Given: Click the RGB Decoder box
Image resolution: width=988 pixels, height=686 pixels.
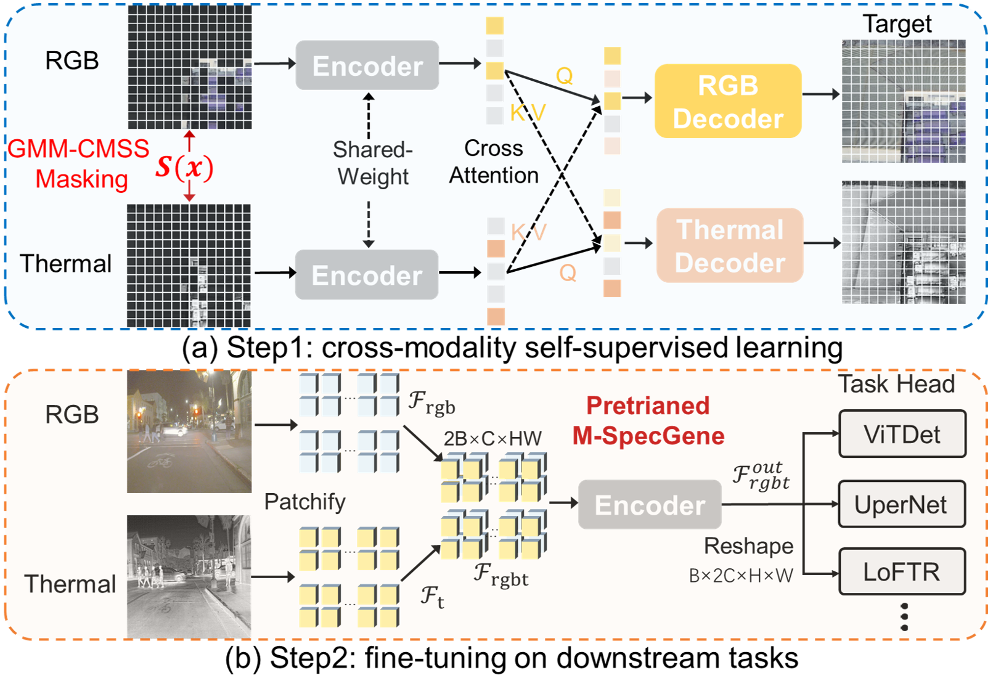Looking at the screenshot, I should (x=728, y=101).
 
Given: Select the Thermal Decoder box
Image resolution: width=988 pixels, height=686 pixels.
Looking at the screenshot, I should (x=730, y=245).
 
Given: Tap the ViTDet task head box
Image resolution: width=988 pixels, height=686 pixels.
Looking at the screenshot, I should (x=902, y=434).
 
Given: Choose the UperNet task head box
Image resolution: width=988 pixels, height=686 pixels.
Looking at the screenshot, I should (x=902, y=504).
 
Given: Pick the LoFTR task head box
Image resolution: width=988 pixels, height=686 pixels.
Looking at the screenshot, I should (x=902, y=571).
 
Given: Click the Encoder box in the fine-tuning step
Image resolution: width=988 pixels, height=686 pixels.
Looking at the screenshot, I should (x=650, y=505).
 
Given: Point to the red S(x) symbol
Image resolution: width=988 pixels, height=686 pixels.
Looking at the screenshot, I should (x=184, y=167).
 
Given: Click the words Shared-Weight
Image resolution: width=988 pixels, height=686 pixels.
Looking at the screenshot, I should (x=372, y=163).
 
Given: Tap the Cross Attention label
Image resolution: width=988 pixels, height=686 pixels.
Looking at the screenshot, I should (x=494, y=161).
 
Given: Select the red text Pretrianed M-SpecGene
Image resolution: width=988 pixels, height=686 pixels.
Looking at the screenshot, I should (x=648, y=421).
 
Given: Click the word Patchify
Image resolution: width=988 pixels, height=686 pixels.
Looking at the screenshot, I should (x=304, y=502).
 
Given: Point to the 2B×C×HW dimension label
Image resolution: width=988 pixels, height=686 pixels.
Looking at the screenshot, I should (x=492, y=438).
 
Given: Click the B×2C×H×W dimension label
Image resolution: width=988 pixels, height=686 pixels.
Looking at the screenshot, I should (x=741, y=576).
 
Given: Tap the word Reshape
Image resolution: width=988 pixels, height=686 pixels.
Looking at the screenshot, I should (x=748, y=546).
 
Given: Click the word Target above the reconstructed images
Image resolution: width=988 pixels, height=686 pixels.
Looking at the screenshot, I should (x=897, y=24).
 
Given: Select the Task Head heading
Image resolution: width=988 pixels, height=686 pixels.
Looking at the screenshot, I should (x=896, y=384).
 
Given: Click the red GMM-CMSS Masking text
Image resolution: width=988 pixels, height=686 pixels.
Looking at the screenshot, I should (x=80, y=164).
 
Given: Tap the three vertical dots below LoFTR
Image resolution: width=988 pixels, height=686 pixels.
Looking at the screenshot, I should (x=904, y=617).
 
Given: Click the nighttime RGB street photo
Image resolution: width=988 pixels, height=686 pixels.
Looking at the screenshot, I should (x=189, y=431).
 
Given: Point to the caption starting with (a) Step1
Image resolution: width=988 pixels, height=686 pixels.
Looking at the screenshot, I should (x=512, y=348).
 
